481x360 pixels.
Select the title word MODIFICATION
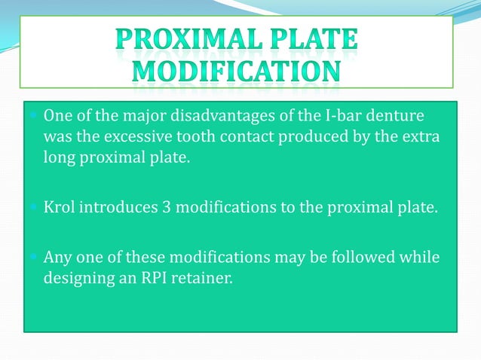[x=236, y=73]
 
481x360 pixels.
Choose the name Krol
[x=57, y=207]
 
